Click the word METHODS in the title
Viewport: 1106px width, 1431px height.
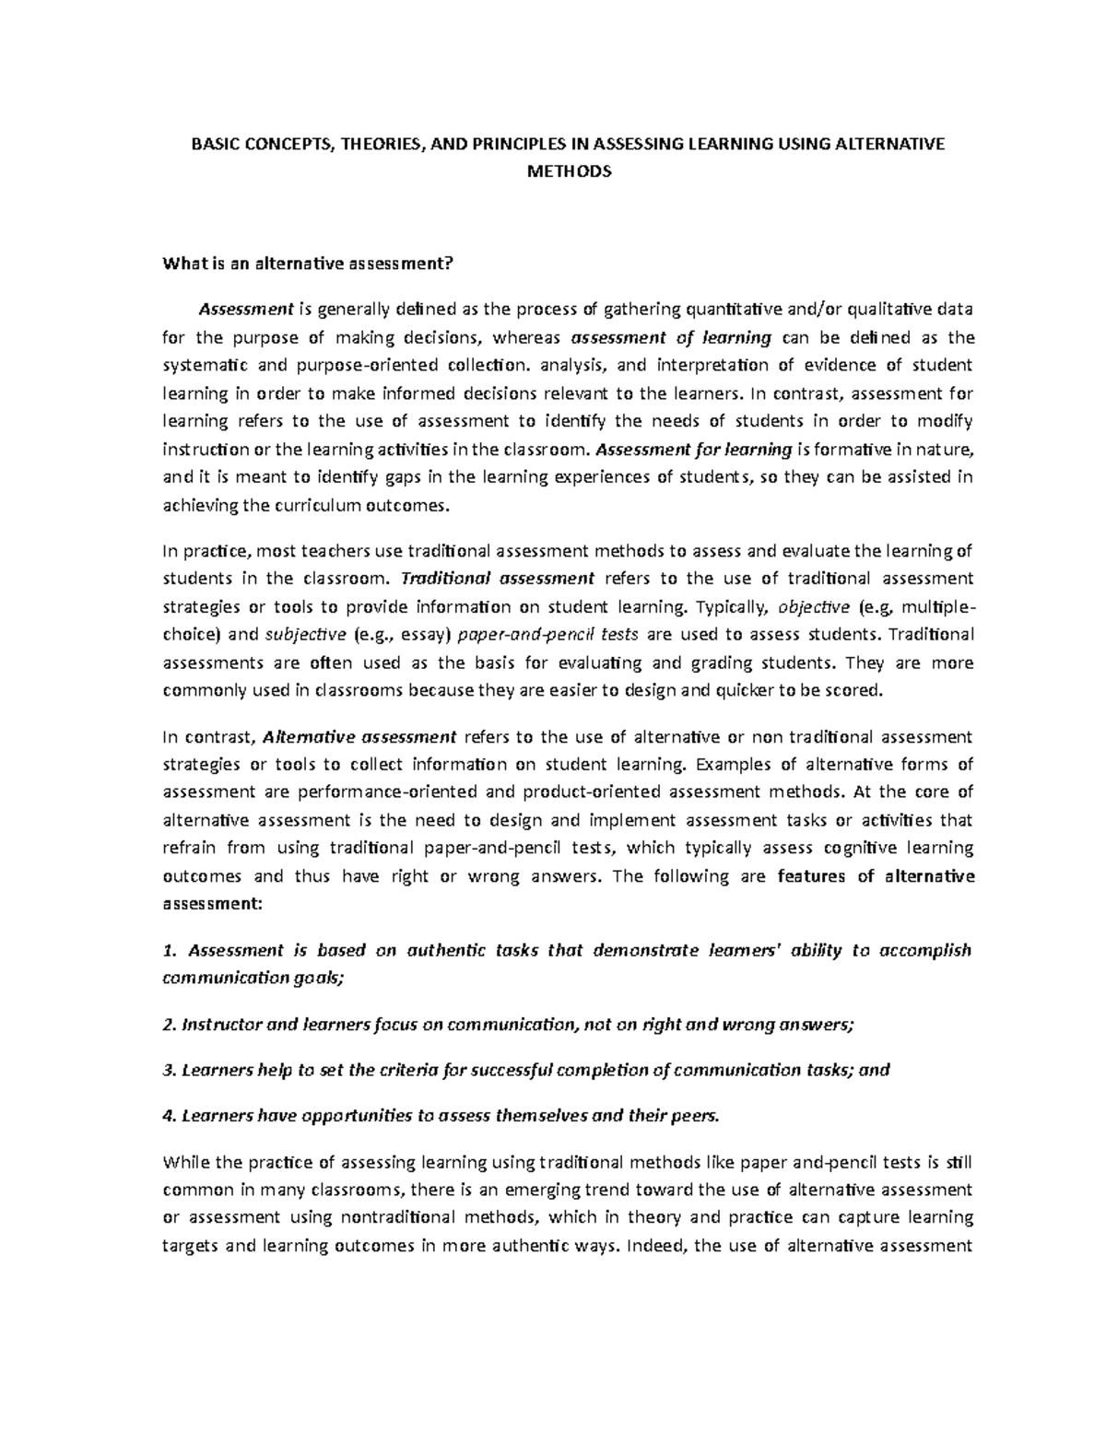click(568, 171)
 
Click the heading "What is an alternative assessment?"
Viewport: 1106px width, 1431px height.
click(308, 264)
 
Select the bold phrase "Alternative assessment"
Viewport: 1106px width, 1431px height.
click(359, 736)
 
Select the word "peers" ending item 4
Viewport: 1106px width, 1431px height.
click(695, 1116)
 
